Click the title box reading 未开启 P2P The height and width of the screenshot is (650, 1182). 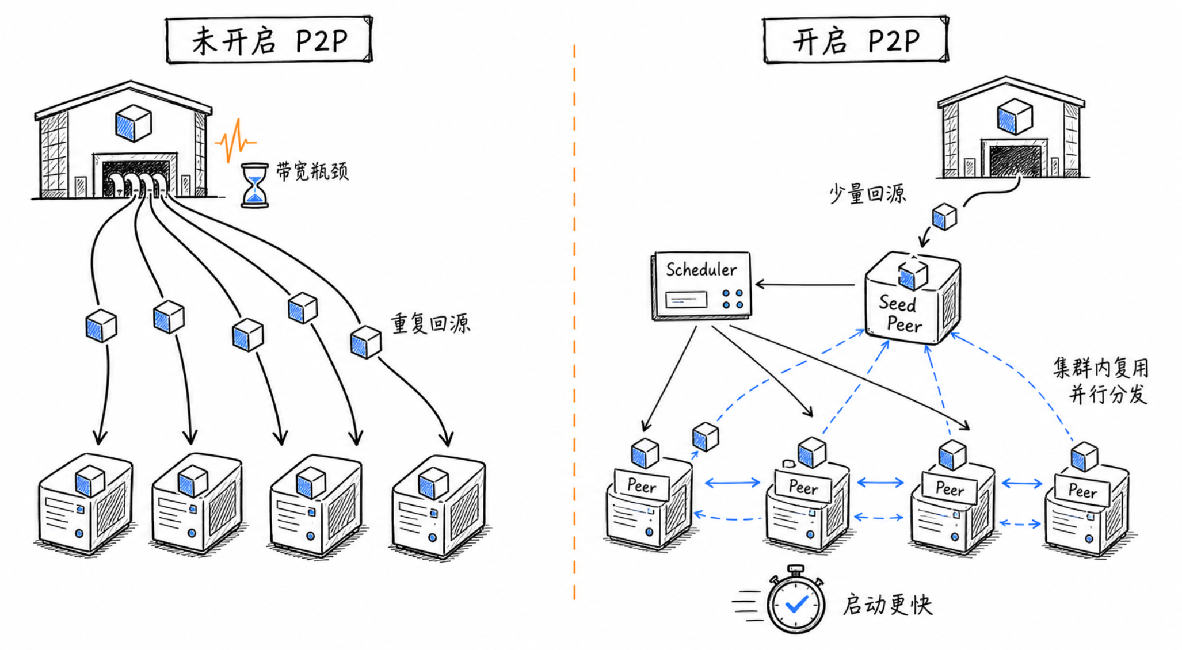(269, 40)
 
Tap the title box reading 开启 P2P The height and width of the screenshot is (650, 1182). (856, 40)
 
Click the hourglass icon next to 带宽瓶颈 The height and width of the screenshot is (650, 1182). (254, 185)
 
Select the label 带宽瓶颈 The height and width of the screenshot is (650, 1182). (312, 171)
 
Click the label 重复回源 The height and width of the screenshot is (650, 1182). (430, 324)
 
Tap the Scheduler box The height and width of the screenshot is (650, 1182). (701, 285)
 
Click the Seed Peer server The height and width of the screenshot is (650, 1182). (913, 298)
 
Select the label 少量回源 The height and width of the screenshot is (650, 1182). (867, 194)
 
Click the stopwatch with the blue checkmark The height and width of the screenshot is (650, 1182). (796, 601)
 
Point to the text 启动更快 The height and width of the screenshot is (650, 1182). (887, 605)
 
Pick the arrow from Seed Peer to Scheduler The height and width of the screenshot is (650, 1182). (805, 284)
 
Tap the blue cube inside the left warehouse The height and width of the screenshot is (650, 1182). (134, 123)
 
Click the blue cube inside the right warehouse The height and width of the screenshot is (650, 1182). (1015, 116)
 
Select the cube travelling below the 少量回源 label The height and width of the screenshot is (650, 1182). (944, 216)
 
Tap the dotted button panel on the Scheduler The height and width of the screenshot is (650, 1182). (733, 299)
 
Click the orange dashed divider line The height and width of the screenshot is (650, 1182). (574, 322)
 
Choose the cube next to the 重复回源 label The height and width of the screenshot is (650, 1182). (366, 342)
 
